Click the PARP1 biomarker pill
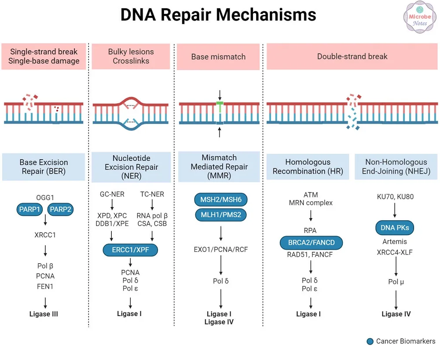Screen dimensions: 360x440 [30, 210]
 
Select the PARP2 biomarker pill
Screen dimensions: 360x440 [60, 210]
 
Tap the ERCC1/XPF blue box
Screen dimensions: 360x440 [130, 250]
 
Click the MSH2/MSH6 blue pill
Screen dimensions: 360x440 [220, 200]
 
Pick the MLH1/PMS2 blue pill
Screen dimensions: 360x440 [220, 215]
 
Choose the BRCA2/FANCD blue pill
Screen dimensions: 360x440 [311, 242]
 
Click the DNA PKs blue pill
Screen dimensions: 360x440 [395, 228]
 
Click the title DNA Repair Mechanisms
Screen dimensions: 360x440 [219, 15]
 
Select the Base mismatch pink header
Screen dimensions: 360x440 [218, 57]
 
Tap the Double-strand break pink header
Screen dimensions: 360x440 [352, 56]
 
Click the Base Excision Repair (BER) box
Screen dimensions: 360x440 [44, 167]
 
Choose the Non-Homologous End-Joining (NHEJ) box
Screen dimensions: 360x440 [396, 167]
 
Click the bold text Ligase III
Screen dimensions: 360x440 [44, 314]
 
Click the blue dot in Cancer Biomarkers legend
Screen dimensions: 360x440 [370, 342]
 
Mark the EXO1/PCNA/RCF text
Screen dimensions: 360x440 [220, 250]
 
